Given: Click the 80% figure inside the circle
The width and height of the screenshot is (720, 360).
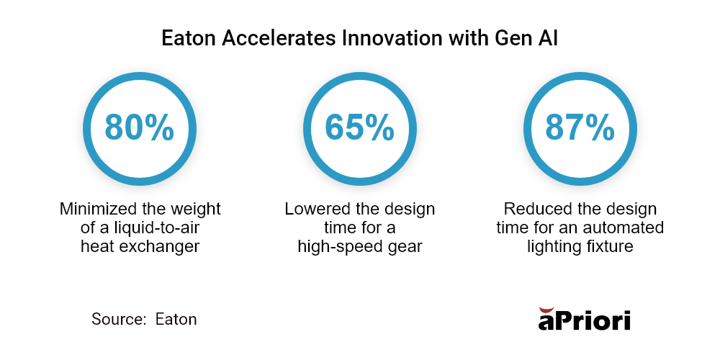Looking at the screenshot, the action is [x=139, y=127].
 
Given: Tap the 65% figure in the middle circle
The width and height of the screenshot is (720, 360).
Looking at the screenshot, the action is [x=359, y=127].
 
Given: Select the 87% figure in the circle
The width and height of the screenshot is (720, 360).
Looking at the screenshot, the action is [x=580, y=127].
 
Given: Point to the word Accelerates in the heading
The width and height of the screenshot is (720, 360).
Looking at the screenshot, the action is [x=279, y=39].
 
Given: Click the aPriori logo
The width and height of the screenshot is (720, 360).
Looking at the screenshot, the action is [x=584, y=318].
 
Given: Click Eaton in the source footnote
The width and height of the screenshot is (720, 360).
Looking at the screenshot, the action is [x=176, y=319].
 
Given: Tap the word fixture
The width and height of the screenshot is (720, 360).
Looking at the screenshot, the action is [x=611, y=247].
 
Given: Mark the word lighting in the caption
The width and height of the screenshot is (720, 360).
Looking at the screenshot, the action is [x=556, y=247].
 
